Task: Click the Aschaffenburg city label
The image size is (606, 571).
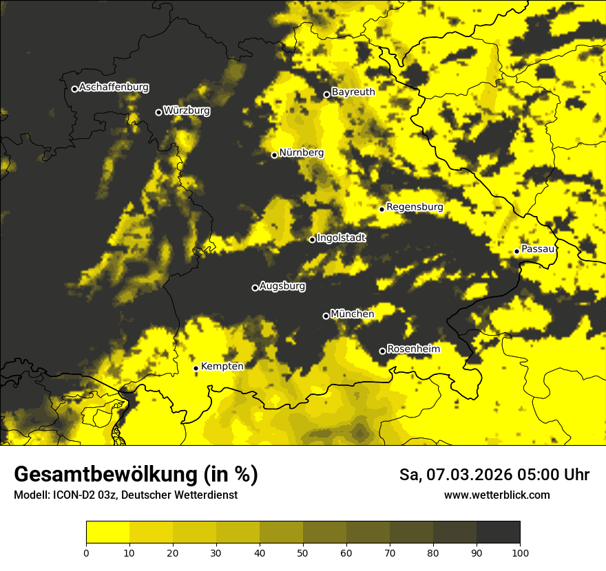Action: [x=114, y=87]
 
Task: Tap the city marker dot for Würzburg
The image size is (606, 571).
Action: [x=158, y=112]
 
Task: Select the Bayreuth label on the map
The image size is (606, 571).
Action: [x=353, y=92]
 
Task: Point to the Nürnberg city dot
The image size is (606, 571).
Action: [x=274, y=155]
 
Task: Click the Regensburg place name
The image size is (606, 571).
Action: [x=415, y=206]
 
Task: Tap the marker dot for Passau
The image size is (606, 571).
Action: [x=516, y=251]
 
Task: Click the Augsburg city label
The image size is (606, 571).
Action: [x=282, y=286]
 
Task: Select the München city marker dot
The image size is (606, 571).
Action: [x=326, y=316]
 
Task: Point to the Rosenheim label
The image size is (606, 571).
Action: [x=413, y=349]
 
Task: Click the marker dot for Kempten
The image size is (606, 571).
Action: [x=196, y=368]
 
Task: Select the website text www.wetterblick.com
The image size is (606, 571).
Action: [x=497, y=495]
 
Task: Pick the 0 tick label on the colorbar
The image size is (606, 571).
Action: [x=86, y=552]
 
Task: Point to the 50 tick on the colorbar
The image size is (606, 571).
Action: [x=303, y=552]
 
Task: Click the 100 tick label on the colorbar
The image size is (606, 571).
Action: [x=520, y=552]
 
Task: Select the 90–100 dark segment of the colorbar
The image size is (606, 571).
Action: [x=498, y=532]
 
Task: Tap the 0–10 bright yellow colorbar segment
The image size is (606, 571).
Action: [x=107, y=532]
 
